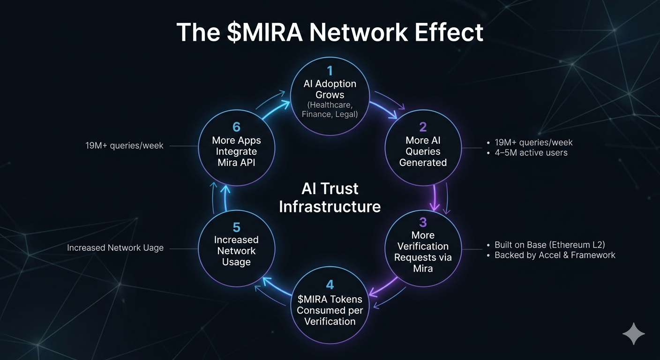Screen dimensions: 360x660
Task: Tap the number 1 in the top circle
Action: [330, 71]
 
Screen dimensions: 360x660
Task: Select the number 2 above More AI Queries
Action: [423, 127]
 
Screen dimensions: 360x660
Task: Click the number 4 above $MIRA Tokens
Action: [330, 284]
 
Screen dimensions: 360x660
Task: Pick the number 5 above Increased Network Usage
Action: [236, 228]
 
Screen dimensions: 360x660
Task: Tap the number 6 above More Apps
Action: [236, 127]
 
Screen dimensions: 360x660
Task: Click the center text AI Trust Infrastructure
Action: [330, 197]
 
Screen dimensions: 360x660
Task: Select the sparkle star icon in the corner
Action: [633, 334]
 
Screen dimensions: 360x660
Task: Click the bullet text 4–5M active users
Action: [531, 152]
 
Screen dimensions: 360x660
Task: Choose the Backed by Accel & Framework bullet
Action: [555, 255]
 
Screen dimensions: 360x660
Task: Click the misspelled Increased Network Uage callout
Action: [115, 248]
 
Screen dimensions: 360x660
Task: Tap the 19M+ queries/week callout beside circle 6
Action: [124, 146]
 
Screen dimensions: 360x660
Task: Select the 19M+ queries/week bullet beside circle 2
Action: [533, 142]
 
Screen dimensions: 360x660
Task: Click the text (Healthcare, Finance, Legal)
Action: [330, 110]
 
